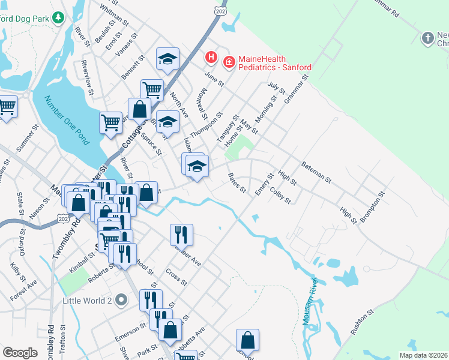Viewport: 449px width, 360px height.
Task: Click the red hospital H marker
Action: click(211, 58)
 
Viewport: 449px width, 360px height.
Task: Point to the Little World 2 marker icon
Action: click(122, 299)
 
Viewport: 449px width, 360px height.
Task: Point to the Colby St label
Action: click(280, 196)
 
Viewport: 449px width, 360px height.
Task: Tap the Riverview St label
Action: click(87, 77)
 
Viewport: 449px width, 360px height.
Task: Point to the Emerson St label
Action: click(133, 332)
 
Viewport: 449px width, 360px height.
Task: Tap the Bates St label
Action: click(237, 182)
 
